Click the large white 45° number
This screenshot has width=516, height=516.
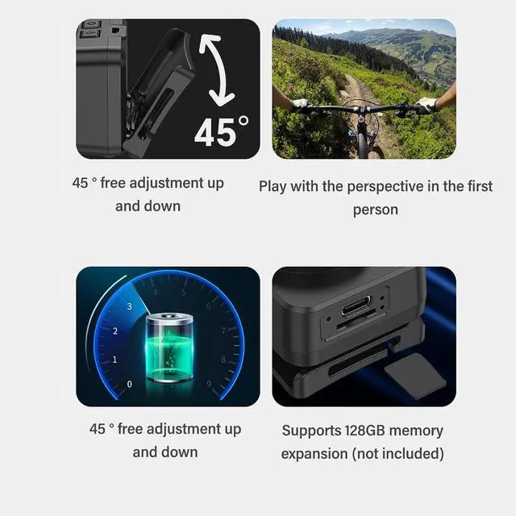pyautogui.click(x=221, y=131)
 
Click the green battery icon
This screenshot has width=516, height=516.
pyautogui.click(x=169, y=347)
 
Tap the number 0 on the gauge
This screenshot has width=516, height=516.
pyautogui.click(x=129, y=384)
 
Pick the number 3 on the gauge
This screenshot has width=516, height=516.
pyautogui.click(x=129, y=306)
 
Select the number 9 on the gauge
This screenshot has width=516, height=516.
pyautogui.click(x=209, y=384)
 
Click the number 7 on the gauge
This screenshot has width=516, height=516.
pyautogui.click(x=223, y=331)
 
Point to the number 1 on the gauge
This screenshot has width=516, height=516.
pyautogui.click(x=114, y=360)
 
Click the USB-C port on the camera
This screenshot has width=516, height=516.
pyautogui.click(x=356, y=306)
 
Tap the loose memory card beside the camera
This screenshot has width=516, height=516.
pyautogui.click(x=415, y=377)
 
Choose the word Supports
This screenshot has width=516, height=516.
pyautogui.click(x=311, y=431)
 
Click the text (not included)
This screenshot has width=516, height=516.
pyautogui.click(x=398, y=454)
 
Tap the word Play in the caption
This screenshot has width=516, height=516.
pyautogui.click(x=273, y=187)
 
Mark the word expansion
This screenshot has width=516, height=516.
pyautogui.click(x=314, y=455)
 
